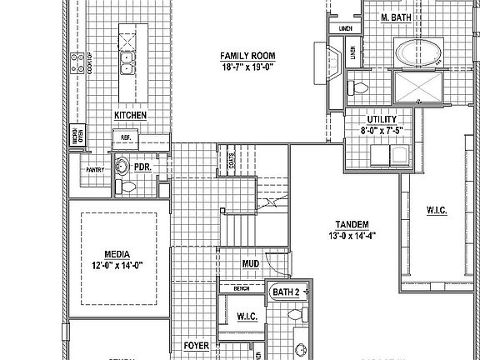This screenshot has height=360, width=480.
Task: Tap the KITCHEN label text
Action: pyautogui.click(x=131, y=115)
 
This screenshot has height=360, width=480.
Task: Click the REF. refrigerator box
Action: pyautogui.click(x=127, y=137)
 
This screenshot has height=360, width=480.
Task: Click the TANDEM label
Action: pyautogui.click(x=353, y=225)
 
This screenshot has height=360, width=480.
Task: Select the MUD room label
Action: pyautogui.click(x=249, y=264)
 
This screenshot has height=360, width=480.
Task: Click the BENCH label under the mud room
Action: pyautogui.click(x=242, y=289)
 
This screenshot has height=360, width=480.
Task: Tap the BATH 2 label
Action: pyautogui.click(x=286, y=292)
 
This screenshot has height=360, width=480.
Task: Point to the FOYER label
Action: pyautogui.click(x=196, y=344)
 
